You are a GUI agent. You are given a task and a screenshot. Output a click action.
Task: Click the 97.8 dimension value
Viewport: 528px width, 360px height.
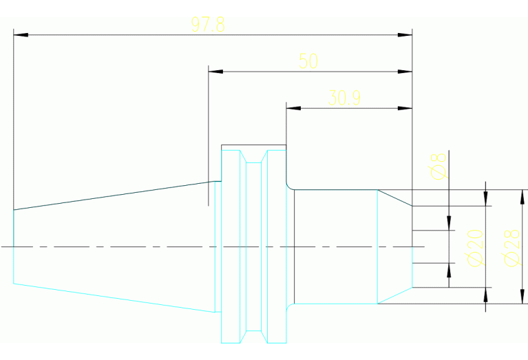click(208, 25)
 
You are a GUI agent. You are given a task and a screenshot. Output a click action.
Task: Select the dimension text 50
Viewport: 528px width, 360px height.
click(308, 61)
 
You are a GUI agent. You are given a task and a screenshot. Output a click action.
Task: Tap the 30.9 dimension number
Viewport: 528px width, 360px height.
click(344, 98)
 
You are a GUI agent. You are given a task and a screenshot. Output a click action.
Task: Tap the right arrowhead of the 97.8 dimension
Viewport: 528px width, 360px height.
click(405, 34)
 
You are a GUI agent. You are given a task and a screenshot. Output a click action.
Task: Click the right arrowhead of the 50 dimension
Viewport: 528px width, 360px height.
click(405, 71)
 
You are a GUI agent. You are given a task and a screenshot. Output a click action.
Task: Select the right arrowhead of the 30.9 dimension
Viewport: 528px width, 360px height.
click(405, 108)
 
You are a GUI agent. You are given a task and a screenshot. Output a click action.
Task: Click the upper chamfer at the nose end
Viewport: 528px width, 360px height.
click(394, 197)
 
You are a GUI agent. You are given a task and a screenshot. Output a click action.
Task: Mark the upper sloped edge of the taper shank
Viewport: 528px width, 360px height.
click(110, 195)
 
